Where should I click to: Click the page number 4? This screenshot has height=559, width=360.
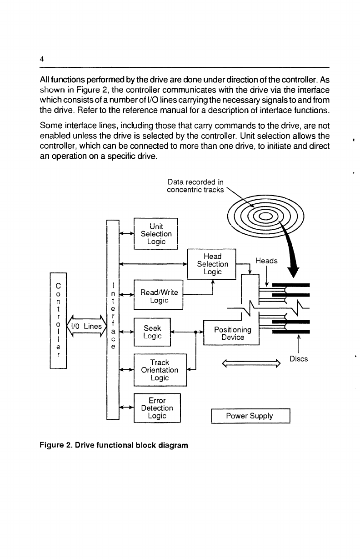click(x=42, y=59)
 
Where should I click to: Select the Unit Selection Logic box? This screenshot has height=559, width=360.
click(x=156, y=234)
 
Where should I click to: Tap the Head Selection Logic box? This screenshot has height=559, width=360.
click(x=212, y=264)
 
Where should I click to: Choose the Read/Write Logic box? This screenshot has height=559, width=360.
click(x=159, y=295)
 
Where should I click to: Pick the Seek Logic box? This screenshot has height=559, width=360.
click(x=152, y=332)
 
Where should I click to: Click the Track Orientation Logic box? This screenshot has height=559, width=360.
click(x=160, y=370)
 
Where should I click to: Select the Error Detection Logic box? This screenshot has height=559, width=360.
click(x=157, y=408)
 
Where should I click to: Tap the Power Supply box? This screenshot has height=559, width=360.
click(x=250, y=416)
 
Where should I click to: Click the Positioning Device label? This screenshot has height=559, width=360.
click(x=233, y=333)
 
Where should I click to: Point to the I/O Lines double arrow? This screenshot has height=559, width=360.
click(x=87, y=326)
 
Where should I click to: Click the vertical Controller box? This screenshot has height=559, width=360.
click(x=58, y=320)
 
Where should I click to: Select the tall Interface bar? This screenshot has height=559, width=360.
click(x=113, y=320)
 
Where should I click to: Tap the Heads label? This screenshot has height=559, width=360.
click(x=266, y=261)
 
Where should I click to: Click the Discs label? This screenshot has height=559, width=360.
click(x=299, y=359)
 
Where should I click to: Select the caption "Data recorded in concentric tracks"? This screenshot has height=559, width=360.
click(x=195, y=186)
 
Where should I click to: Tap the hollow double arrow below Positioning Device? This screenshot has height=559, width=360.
click(x=251, y=363)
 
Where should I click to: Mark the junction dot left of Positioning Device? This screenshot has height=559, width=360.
click(x=196, y=332)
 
